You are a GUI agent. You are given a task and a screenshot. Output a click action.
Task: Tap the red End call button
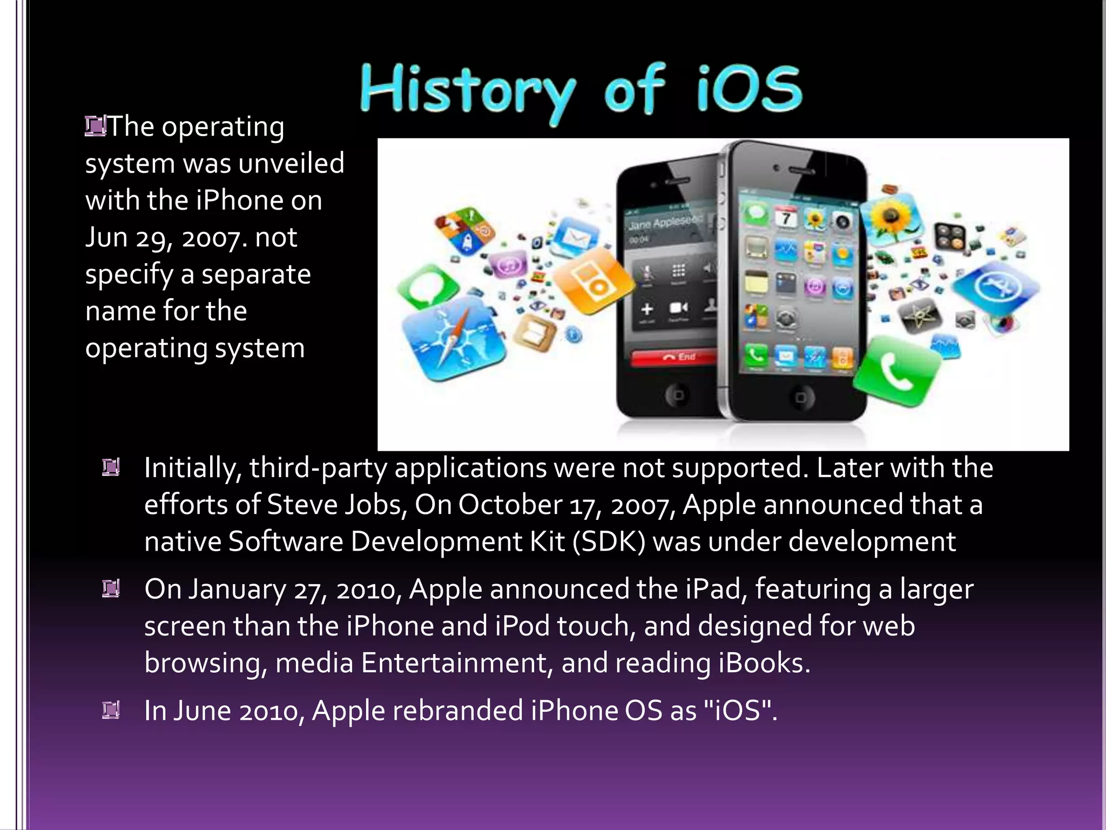pos(675,357)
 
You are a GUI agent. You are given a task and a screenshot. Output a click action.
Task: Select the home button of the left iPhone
pos(677,395)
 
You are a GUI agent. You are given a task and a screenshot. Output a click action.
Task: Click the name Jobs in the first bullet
pos(375,505)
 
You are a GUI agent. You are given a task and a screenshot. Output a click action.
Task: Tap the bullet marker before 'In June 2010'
pos(111,710)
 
